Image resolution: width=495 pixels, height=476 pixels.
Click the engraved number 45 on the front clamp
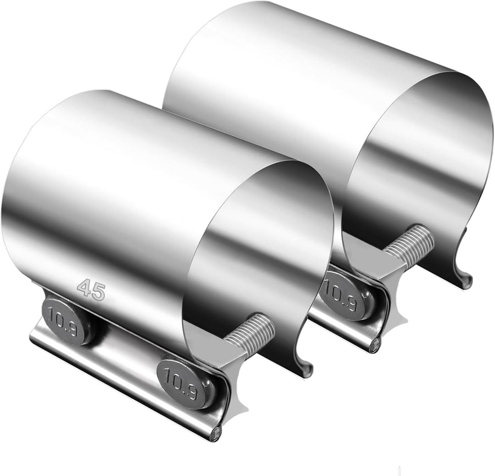coord(91,290)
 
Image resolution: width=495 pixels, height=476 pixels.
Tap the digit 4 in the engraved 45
coord(85,288)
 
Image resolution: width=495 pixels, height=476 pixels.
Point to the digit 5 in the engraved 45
coord(98,292)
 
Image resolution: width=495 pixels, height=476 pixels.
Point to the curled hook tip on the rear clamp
coord(466,281)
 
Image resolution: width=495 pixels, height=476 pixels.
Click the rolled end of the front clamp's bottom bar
coord(215,432)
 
